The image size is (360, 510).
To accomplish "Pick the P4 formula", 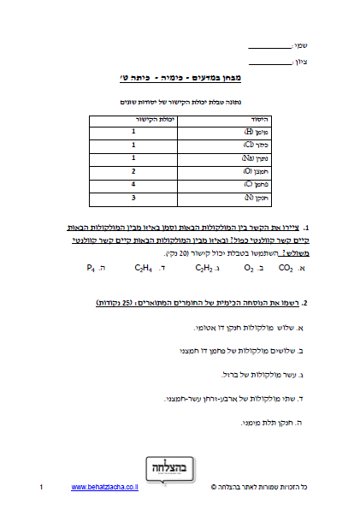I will pyautogui.click(x=90, y=268).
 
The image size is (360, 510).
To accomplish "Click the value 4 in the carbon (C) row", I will pyautogui.click(x=133, y=184).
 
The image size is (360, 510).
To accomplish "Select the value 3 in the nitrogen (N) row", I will pyautogui.click(x=133, y=198).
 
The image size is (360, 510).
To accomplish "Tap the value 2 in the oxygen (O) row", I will pyautogui.click(x=133, y=171).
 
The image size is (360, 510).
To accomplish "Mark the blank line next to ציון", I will pyautogui.click(x=268, y=62).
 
